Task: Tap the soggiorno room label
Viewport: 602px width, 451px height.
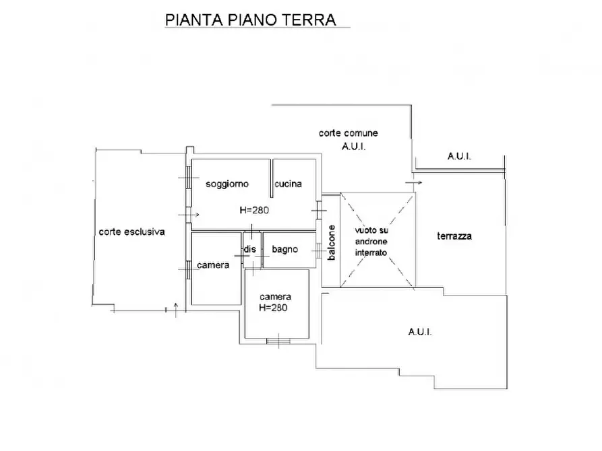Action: [228, 184]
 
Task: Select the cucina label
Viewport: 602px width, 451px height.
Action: [288, 184]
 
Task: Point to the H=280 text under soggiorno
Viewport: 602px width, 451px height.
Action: [254, 210]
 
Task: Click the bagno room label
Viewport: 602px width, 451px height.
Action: [284, 250]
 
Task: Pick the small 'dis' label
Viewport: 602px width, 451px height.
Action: [250, 250]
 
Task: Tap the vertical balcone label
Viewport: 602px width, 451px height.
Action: [331, 243]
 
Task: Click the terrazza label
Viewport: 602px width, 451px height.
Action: [454, 236]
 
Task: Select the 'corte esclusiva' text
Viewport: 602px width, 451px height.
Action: [131, 232]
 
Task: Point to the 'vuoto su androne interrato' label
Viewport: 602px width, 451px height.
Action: [372, 241]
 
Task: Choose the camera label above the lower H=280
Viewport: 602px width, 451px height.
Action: [276, 296]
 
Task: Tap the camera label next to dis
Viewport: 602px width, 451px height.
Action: [213, 265]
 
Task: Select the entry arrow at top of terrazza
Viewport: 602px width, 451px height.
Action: [414, 182]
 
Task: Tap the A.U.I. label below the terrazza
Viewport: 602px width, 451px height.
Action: [420, 332]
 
